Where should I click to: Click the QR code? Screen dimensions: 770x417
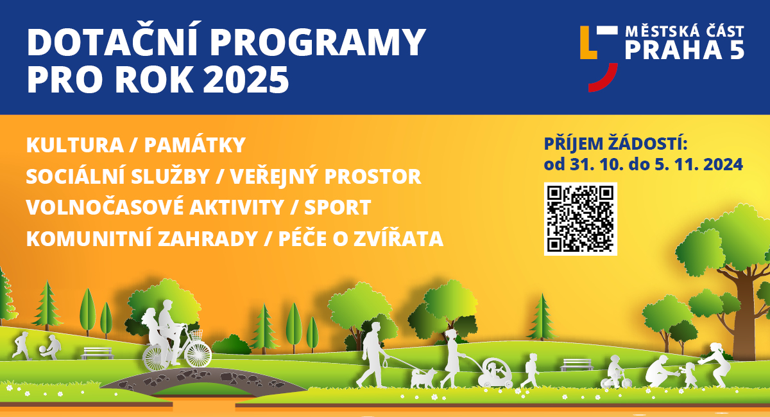click(x=580, y=219)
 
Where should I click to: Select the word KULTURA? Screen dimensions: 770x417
click(x=75, y=145)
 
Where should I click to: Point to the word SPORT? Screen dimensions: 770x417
click(x=338, y=208)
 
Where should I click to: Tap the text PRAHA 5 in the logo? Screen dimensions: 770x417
click(x=685, y=50)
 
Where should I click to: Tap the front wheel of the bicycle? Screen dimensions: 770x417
click(x=198, y=355)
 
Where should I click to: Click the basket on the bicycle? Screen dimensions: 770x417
click(x=196, y=334)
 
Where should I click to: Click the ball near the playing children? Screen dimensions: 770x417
click(x=42, y=350)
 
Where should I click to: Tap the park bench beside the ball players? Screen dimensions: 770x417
click(x=98, y=353)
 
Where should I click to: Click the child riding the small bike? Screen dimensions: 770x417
click(x=615, y=373)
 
